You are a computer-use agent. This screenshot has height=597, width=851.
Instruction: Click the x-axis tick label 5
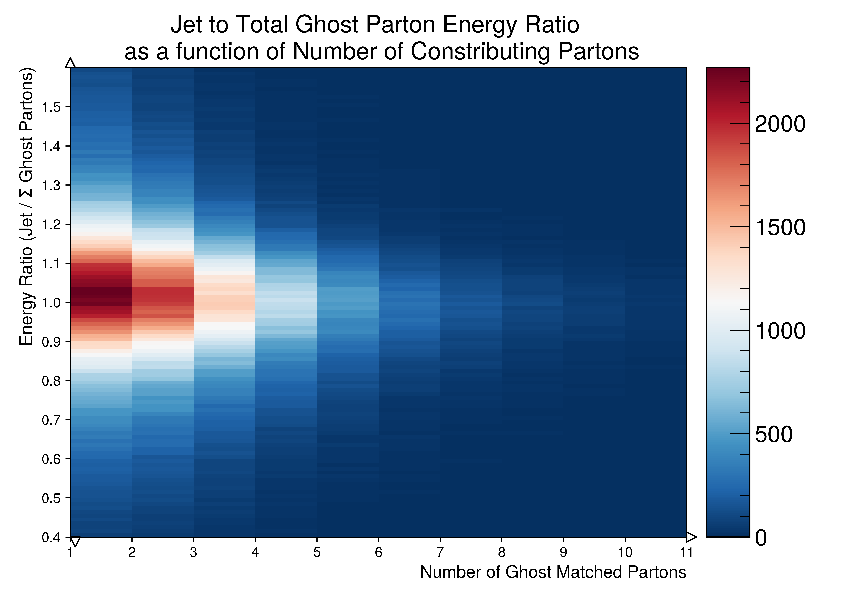pos(317,552)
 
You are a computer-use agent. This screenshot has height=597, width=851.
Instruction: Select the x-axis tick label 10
pos(625,552)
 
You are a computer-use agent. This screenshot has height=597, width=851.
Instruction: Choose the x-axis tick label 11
pos(686,552)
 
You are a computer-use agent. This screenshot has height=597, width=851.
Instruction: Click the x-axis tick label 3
pos(193,552)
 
